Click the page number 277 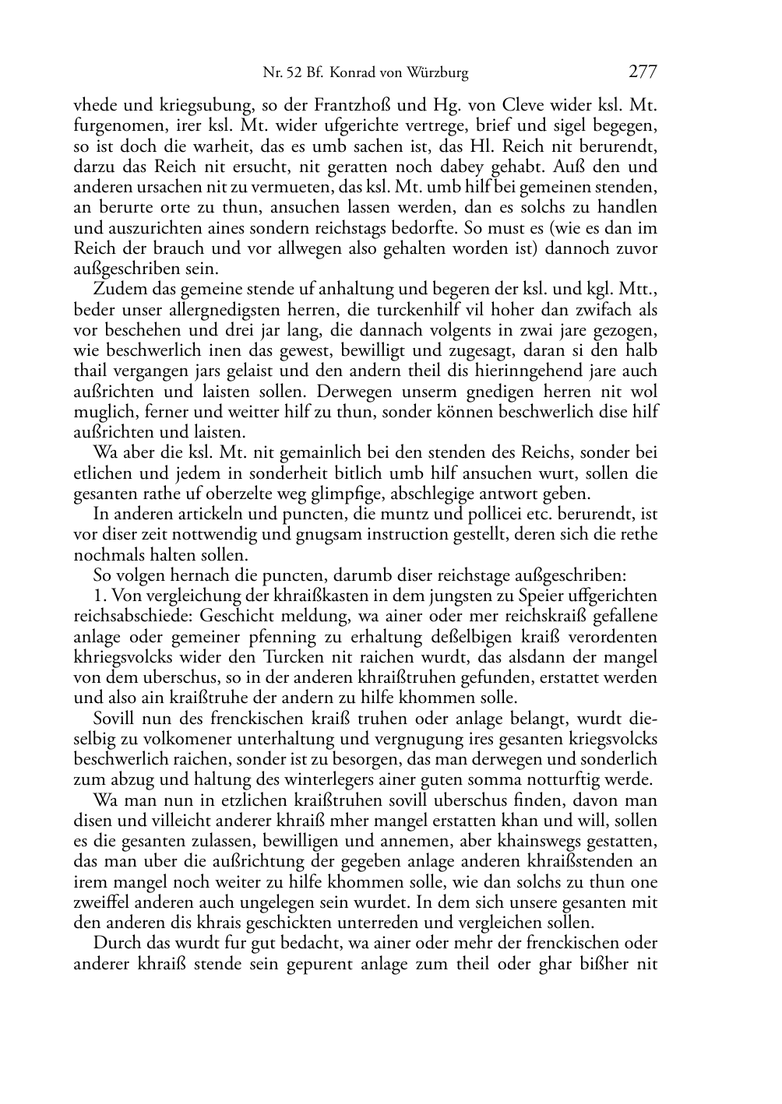click(x=643, y=72)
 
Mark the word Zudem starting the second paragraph click(x=115, y=290)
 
